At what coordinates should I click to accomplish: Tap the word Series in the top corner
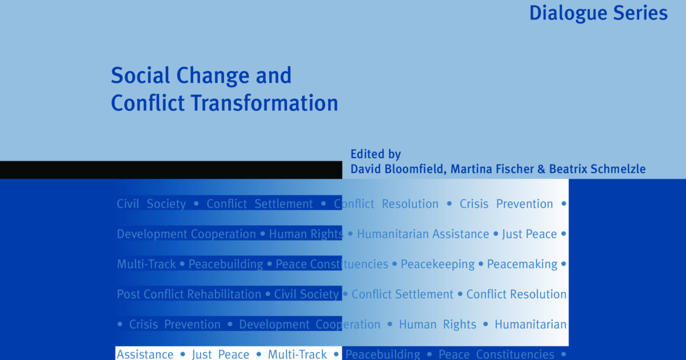(639, 13)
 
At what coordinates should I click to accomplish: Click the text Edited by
(376, 154)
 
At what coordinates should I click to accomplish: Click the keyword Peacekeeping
(437, 264)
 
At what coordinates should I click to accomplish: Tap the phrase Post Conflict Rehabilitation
(189, 294)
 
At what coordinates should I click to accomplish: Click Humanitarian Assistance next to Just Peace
(422, 234)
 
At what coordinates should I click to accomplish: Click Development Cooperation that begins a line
(186, 234)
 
